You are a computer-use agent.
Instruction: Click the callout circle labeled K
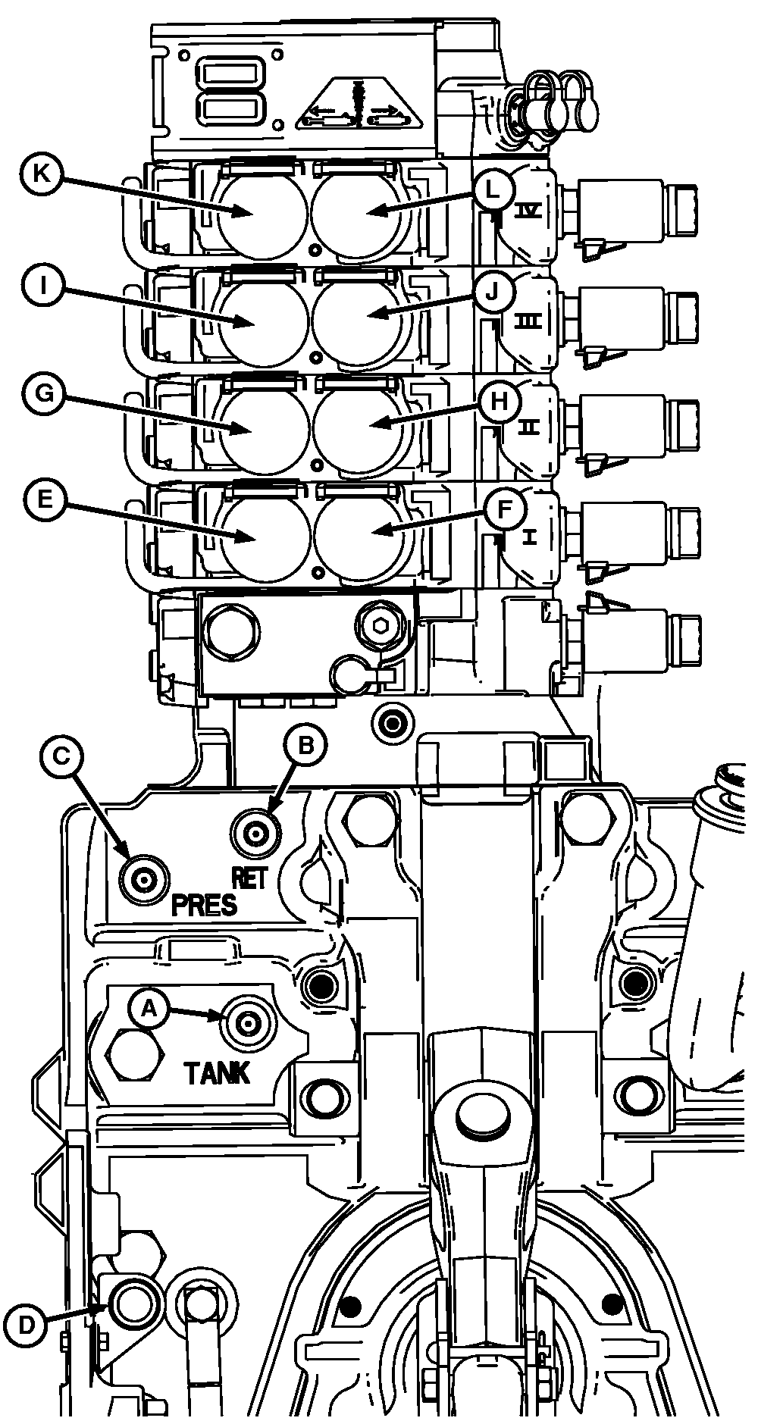pos(42,172)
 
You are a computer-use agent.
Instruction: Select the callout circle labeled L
pos(493,189)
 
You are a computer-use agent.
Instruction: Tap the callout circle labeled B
pos(305,746)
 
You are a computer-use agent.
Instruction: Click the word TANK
pos(217,1072)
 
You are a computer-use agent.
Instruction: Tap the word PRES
pos(204,905)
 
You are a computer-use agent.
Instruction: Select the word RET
pos(249,878)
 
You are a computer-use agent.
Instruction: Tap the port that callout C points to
pos(143,880)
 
